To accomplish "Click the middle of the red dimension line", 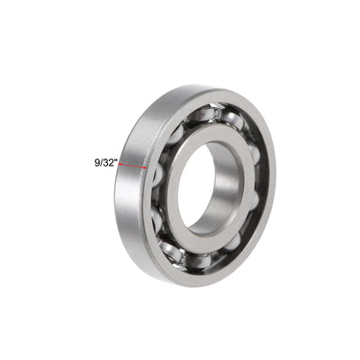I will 133,166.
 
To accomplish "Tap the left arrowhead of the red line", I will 121,166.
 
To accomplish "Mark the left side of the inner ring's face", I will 174,193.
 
